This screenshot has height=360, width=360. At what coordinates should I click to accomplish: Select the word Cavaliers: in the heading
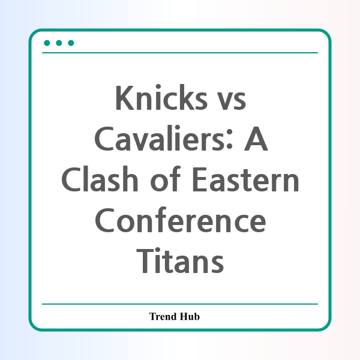pyautogui.click(x=163, y=139)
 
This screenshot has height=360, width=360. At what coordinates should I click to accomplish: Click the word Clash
pyautogui.click(x=100, y=179)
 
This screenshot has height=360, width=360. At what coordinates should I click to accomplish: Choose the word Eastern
pyautogui.click(x=245, y=180)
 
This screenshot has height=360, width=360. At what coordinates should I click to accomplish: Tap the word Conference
pyautogui.click(x=181, y=220)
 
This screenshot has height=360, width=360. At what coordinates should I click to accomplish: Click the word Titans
pyautogui.click(x=180, y=260)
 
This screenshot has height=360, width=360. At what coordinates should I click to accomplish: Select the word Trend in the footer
pyautogui.click(x=163, y=316)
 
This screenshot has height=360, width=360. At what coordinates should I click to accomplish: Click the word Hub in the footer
pyautogui.click(x=190, y=316)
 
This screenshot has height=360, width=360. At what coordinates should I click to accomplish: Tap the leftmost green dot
pyautogui.click(x=47, y=43)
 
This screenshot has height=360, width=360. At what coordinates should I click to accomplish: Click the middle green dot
pyautogui.click(x=59, y=43)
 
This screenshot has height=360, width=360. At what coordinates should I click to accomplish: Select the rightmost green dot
pyautogui.click(x=71, y=43)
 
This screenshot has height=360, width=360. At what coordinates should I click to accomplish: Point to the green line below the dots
pyautogui.click(x=180, y=53)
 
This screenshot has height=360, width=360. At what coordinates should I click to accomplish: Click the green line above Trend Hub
pyautogui.click(x=180, y=304)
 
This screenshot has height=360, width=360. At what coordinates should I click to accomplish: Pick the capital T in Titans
pyautogui.click(x=145, y=261)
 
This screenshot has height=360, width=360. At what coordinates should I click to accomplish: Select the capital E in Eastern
pyautogui.click(x=200, y=180)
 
